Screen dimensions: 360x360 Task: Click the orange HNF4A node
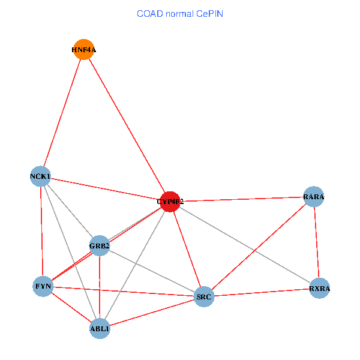click(x=84, y=49)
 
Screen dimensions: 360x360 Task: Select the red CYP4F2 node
click(x=170, y=202)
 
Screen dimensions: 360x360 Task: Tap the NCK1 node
click(x=40, y=176)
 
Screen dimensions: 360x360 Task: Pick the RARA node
click(x=314, y=197)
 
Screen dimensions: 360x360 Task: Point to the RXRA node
click(x=320, y=289)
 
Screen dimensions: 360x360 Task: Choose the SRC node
click(x=204, y=296)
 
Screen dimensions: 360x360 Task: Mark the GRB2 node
click(x=99, y=245)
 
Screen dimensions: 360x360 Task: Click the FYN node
click(x=43, y=287)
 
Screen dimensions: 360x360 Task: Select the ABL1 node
click(x=100, y=328)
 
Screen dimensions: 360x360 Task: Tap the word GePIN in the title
click(x=208, y=13)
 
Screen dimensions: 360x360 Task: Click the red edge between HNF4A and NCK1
click(x=62, y=112)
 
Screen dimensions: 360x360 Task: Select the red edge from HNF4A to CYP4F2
click(x=127, y=125)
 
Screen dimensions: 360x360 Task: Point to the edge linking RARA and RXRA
click(x=317, y=242)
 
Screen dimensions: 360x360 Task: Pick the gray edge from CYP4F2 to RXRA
click(x=245, y=245)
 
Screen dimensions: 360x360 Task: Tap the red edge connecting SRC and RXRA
click(x=262, y=293)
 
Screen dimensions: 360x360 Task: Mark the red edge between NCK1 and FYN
click(x=41, y=231)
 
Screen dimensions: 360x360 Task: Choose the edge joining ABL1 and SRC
click(x=152, y=312)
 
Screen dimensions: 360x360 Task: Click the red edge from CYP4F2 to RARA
click(x=242, y=199)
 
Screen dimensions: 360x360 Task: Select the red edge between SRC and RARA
click(x=259, y=247)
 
